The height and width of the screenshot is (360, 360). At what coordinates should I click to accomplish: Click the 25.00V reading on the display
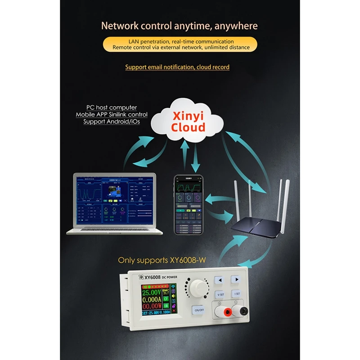(x=152, y=292)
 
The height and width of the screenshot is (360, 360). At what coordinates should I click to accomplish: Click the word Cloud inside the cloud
(x=188, y=126)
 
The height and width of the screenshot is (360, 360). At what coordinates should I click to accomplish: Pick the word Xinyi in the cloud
(x=188, y=115)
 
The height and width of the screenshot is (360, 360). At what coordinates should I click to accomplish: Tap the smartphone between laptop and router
(x=189, y=205)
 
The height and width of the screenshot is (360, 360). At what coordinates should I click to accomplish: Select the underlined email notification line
(x=177, y=67)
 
